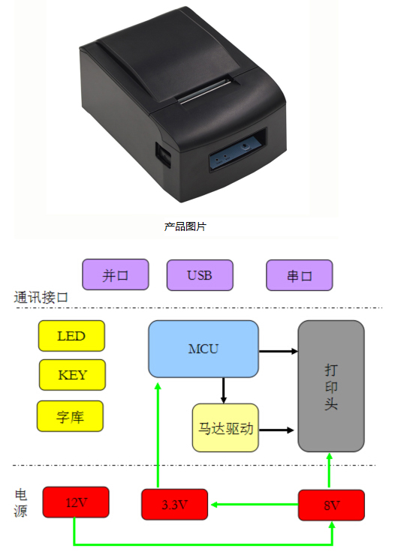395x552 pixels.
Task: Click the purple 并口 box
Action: pyautogui.click(x=115, y=274)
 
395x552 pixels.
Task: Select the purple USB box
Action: pyautogui.click(x=200, y=275)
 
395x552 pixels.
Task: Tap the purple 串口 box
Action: pyautogui.click(x=299, y=275)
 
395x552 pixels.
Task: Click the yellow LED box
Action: pyautogui.click(x=71, y=336)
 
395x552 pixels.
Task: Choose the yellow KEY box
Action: pyautogui.click(x=72, y=375)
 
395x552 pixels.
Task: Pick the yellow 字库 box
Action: pyautogui.click(x=70, y=416)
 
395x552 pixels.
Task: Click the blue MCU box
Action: pyautogui.click(x=204, y=349)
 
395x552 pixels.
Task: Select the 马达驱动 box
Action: pyautogui.click(x=225, y=427)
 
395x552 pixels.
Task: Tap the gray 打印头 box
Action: pyautogui.click(x=331, y=385)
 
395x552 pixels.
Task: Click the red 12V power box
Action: pyautogui.click(x=76, y=502)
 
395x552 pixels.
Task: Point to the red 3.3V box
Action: pyautogui.click(x=174, y=505)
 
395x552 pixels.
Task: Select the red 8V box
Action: pyautogui.click(x=331, y=505)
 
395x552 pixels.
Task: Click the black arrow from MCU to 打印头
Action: pyautogui.click(x=279, y=351)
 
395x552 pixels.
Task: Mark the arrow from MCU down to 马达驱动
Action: pyautogui.click(x=223, y=391)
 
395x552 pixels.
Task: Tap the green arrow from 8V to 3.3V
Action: pyautogui.click(x=255, y=505)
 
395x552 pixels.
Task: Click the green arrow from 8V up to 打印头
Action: pyautogui.click(x=330, y=471)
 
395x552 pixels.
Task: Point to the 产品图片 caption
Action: pyautogui.click(x=185, y=226)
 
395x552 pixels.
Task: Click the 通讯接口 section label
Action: pyautogui.click(x=41, y=298)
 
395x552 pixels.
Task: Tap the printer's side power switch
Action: pyautogui.click(x=164, y=154)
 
